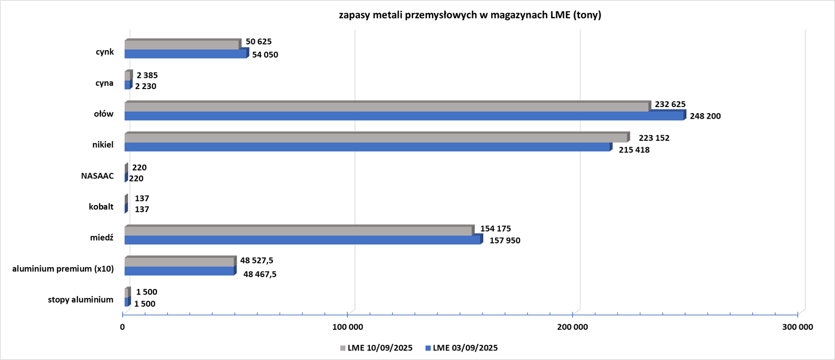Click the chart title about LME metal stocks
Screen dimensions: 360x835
470,15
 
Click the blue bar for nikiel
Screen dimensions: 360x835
367,147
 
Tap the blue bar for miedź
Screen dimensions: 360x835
302,240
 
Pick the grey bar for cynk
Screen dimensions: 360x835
181,45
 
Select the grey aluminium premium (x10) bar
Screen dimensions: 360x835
179,262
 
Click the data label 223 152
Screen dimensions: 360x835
654,138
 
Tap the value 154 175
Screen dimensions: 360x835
495,229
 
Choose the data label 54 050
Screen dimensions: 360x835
265,55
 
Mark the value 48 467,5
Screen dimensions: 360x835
260,274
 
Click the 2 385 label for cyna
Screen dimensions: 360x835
147,75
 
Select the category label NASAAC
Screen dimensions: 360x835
98,176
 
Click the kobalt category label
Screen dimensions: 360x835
101,207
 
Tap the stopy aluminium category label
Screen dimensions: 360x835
80,300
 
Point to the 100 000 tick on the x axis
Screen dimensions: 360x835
348,327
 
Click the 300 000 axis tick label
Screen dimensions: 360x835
798,327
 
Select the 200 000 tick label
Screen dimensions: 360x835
573,327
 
